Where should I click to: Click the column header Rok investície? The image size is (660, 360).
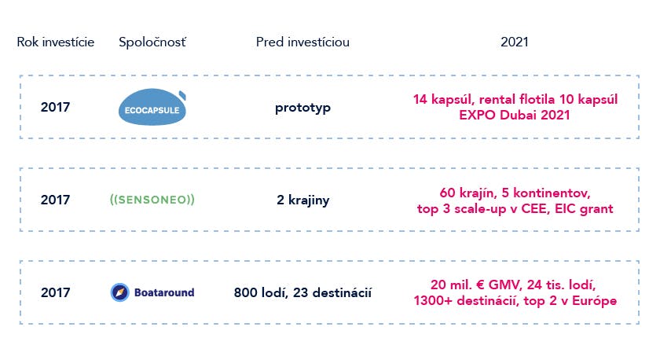[56, 42]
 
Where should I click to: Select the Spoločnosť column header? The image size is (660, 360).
[152, 42]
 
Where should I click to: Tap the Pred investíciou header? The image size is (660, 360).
[302, 42]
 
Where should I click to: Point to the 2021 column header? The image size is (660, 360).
[515, 42]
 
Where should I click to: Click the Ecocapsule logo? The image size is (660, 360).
[152, 107]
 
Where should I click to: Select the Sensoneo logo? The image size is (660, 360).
[152, 200]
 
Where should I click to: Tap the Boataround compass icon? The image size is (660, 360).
[119, 292]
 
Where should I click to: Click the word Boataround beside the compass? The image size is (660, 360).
[164, 292]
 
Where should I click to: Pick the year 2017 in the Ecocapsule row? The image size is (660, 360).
[55, 107]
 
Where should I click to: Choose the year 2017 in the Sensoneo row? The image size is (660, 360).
[55, 200]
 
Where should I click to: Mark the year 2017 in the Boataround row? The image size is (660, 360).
[55, 292]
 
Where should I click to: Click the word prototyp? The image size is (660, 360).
[302, 108]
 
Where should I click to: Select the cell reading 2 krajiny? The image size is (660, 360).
[302, 200]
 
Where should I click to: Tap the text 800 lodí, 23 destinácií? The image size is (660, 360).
[302, 292]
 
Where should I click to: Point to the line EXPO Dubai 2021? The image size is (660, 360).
[515, 115]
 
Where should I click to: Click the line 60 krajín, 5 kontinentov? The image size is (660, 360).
[515, 193]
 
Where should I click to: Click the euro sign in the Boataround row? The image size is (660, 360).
[480, 285]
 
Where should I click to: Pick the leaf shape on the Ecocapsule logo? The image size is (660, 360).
[182, 96]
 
